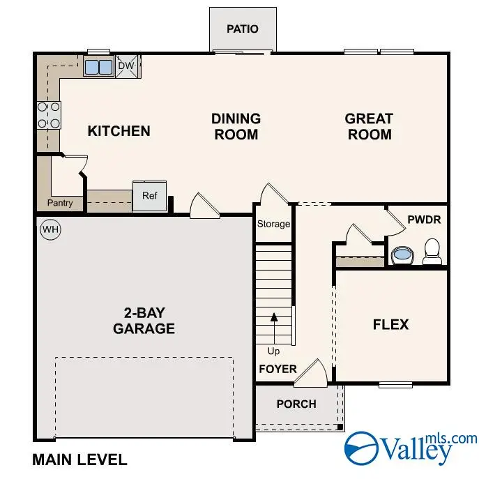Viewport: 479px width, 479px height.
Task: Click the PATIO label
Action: click(x=243, y=29)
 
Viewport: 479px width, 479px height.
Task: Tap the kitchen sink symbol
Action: click(x=98, y=67)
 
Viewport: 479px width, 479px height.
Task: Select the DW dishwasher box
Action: click(x=126, y=66)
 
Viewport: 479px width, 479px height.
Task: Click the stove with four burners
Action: click(x=48, y=115)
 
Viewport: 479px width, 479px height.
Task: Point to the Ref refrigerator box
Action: click(x=150, y=196)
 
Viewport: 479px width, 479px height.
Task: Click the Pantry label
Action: click(x=60, y=204)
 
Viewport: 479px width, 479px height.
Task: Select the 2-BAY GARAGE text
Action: click(x=144, y=320)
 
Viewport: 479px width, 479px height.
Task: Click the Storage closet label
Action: click(x=273, y=224)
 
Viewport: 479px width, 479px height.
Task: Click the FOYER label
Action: click(x=278, y=369)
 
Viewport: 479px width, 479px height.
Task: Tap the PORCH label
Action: click(x=296, y=404)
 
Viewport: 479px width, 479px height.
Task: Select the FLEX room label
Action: click(x=390, y=324)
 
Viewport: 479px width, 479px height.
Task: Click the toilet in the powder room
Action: click(x=432, y=252)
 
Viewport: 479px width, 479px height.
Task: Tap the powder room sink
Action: click(x=403, y=256)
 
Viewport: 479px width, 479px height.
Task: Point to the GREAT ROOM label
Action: click(x=369, y=126)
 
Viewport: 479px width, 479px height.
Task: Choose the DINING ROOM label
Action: click(x=236, y=126)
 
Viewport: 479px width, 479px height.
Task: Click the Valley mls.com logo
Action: click(x=411, y=447)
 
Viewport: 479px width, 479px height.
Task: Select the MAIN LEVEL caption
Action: click(x=79, y=459)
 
